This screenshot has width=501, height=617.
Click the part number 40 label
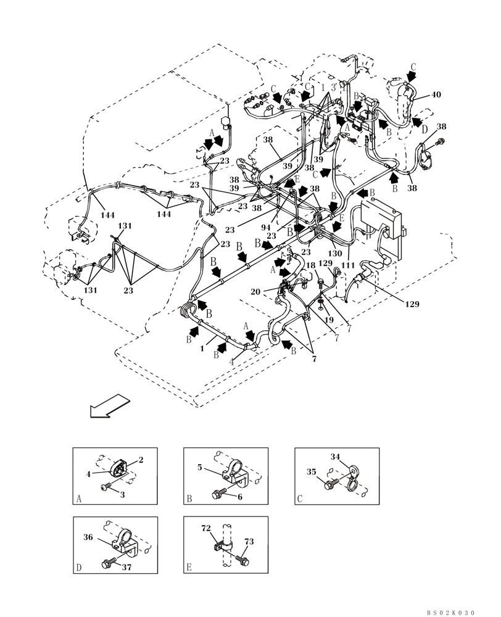(x=436, y=94)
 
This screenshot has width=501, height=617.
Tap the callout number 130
(x=335, y=254)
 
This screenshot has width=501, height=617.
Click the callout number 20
(x=272, y=291)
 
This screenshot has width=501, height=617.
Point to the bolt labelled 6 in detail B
(x=217, y=494)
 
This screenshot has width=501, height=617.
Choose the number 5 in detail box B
(x=199, y=468)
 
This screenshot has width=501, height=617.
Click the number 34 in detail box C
(x=335, y=457)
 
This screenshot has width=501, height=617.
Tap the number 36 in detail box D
(x=88, y=537)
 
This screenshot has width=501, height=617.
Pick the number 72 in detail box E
(x=206, y=529)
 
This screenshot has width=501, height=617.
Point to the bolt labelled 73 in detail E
(x=242, y=559)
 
